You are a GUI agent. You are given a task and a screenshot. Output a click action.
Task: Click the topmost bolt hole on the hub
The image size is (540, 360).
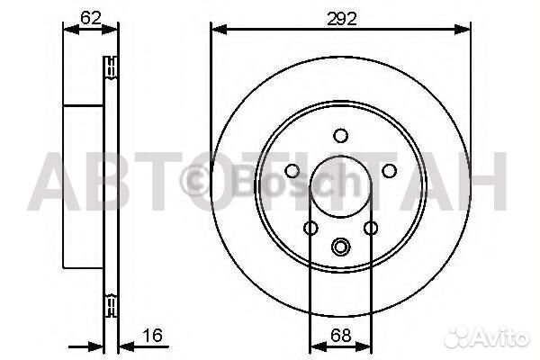coord(340,136)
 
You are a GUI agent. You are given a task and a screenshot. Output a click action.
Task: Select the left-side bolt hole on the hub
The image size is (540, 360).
coord(291,171)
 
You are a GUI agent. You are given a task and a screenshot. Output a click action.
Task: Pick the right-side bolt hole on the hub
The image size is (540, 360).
coord(390,171)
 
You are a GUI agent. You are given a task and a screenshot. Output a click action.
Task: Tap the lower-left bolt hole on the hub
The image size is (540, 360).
coord(310,229)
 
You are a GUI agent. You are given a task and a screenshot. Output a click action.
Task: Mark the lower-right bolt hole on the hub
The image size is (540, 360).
coord(371,229)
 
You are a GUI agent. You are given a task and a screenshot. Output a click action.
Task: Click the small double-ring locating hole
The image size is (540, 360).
coord(340,247)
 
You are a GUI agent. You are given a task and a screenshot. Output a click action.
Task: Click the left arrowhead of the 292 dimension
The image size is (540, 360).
coord(217,29)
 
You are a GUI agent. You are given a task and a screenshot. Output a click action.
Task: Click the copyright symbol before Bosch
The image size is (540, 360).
coord(194,178)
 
